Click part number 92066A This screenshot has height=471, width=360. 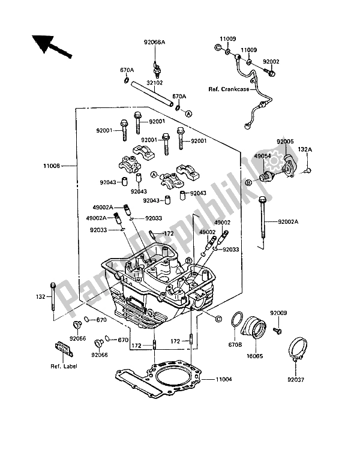tap(155, 43)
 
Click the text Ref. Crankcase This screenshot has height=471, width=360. tap(230, 89)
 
